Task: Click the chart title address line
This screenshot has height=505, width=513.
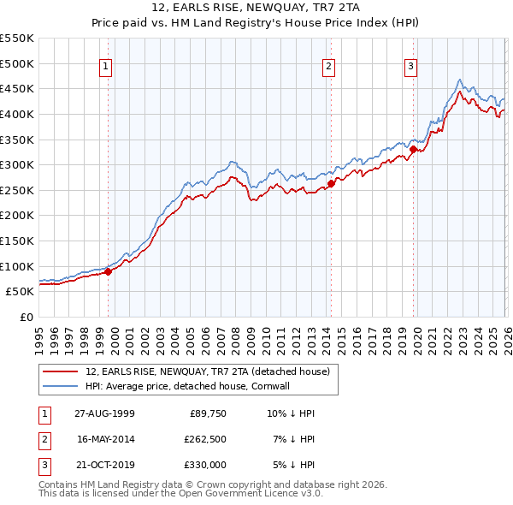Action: click(x=256, y=8)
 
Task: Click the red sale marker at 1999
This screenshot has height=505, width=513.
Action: click(x=109, y=271)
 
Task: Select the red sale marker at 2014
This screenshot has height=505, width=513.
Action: click(x=331, y=183)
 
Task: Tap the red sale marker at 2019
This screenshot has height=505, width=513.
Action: click(x=413, y=149)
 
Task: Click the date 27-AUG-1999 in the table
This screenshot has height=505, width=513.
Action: click(x=104, y=413)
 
